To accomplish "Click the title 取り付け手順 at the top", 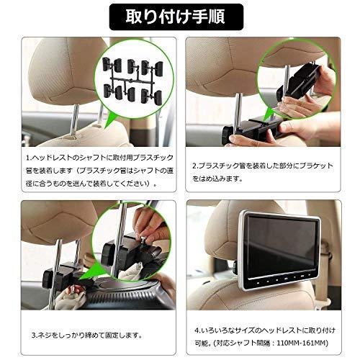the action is tap(176, 17).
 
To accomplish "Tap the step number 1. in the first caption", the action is tap(29, 158).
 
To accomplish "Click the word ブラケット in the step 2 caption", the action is tap(317, 166).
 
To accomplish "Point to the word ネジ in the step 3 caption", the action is tap(45, 335).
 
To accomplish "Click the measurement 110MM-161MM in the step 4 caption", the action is tap(302, 343).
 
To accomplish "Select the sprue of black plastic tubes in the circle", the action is tap(132, 81).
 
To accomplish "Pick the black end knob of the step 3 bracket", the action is tap(49, 279).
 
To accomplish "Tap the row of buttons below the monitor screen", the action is tap(283, 280).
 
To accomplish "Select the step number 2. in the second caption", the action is tap(196, 166).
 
